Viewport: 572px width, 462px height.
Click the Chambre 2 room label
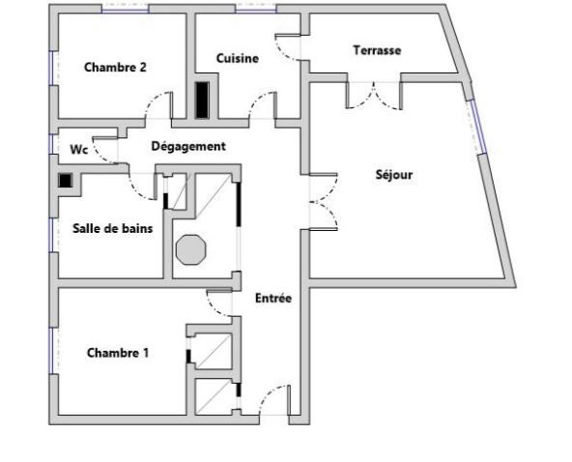coord(115,68)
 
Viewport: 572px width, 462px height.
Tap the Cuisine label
coord(237,59)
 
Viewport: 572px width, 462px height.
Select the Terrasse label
coord(377,50)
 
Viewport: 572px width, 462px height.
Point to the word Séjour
coord(393,175)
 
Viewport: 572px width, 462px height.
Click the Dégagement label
coord(188,147)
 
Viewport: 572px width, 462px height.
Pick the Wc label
coord(78,151)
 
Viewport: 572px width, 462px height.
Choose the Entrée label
coord(272,299)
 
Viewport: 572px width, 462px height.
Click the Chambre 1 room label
coord(118,353)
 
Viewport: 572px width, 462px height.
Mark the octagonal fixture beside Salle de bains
coord(191,247)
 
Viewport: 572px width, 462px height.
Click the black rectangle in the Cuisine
coord(202,101)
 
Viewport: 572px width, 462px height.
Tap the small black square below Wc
coord(65,180)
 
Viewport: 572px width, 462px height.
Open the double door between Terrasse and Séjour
coord(374,94)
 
